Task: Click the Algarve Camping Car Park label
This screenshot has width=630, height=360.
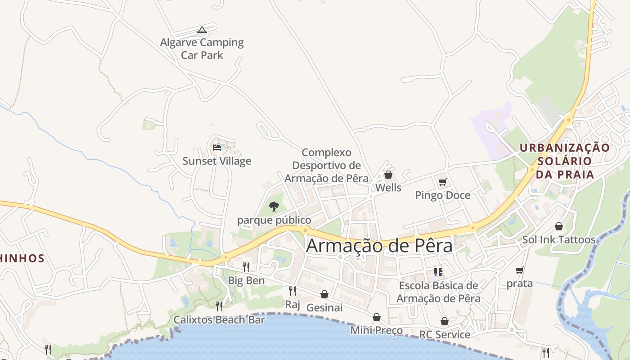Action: tap(202, 49)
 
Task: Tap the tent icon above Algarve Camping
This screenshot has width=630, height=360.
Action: tap(202, 30)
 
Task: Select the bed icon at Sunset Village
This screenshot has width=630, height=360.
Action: tap(217, 147)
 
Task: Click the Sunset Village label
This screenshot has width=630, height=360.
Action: tap(217, 161)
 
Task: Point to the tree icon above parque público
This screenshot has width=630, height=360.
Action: tap(274, 207)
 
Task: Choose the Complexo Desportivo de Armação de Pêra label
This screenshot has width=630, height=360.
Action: tap(326, 165)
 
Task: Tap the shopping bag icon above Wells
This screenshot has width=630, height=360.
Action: tap(388, 175)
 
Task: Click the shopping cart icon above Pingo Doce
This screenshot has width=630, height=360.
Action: tap(442, 182)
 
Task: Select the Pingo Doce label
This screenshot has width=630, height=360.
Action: tap(442, 195)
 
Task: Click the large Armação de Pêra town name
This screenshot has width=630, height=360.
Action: tap(379, 246)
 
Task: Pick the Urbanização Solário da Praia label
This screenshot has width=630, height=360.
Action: tap(565, 161)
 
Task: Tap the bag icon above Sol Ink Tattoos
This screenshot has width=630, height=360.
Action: tap(558, 226)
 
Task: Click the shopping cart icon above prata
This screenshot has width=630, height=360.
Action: tap(519, 270)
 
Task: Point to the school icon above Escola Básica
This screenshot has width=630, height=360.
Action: tap(438, 272)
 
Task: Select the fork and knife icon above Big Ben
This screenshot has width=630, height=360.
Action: tap(246, 267)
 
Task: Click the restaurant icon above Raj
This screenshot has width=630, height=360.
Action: tap(292, 291)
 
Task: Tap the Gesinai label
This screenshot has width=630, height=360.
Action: tap(324, 308)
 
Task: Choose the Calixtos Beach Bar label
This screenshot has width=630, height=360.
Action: tap(219, 320)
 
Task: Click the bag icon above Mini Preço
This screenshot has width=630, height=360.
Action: tap(376, 318)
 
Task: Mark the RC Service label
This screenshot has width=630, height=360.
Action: tap(445, 335)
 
